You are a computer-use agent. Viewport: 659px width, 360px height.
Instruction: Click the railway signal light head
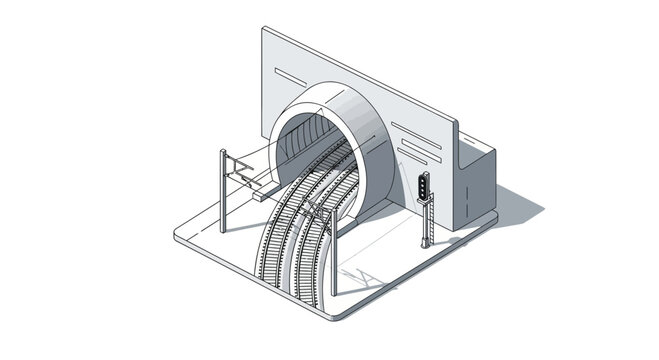pyautogui.click(x=424, y=186)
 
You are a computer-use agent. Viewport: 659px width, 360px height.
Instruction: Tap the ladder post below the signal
pyautogui.click(x=427, y=223)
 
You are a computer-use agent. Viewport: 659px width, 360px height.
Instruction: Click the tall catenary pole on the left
pyautogui.click(x=224, y=191)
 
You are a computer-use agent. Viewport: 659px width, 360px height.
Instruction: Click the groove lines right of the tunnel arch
pyautogui.click(x=420, y=140)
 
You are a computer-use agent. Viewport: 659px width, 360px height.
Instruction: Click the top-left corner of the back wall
pyautogui.click(x=264, y=30)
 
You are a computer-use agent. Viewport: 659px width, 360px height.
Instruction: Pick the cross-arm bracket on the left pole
pyautogui.click(x=240, y=168)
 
